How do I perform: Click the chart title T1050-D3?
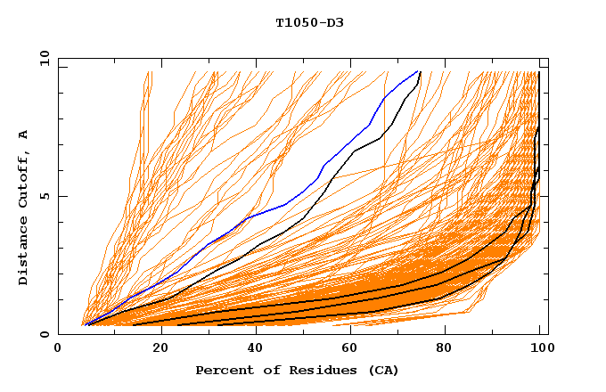click(309, 22)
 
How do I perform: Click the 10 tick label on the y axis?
click(44, 58)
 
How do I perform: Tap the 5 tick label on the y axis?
click(47, 196)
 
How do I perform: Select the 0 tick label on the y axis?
click(47, 334)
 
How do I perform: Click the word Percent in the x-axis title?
click(222, 370)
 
